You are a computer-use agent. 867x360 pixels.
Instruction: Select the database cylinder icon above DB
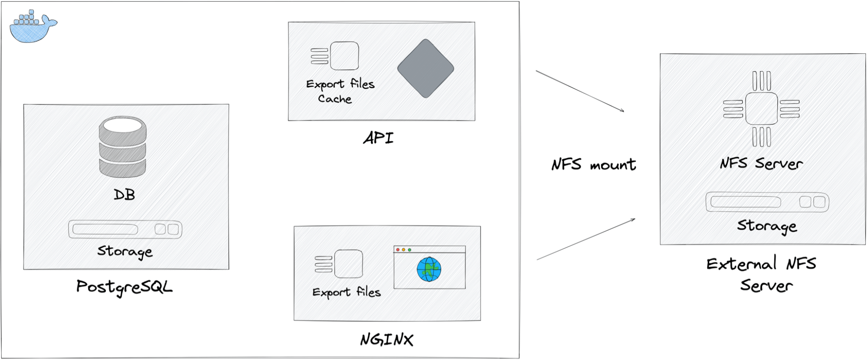[122, 147]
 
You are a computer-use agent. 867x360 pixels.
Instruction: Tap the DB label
[124, 195]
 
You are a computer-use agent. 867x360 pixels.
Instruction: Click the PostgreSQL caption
[124, 287]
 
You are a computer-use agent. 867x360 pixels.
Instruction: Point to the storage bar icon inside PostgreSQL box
[125, 229]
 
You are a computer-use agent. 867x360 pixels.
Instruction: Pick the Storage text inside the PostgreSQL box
[125, 252]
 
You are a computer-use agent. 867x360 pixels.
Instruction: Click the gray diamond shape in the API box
[425, 69]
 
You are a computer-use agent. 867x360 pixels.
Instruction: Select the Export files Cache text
[340, 91]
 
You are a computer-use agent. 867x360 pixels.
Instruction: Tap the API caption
[378, 138]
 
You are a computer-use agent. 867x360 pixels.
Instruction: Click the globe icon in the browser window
[429, 269]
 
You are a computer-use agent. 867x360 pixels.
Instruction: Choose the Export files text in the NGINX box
[347, 292]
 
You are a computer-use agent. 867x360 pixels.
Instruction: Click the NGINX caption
[386, 340]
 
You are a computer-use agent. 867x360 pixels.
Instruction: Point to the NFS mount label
[593, 165]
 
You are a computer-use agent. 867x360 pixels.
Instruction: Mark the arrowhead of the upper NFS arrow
[623, 111]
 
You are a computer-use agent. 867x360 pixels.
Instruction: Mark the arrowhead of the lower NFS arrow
[634, 219]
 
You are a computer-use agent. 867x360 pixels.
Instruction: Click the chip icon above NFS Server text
[762, 109]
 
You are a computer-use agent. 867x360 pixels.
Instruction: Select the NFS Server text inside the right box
[762, 164]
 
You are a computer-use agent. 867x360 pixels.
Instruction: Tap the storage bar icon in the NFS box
[767, 202]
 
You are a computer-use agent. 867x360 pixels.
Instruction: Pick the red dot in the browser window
[398, 250]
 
